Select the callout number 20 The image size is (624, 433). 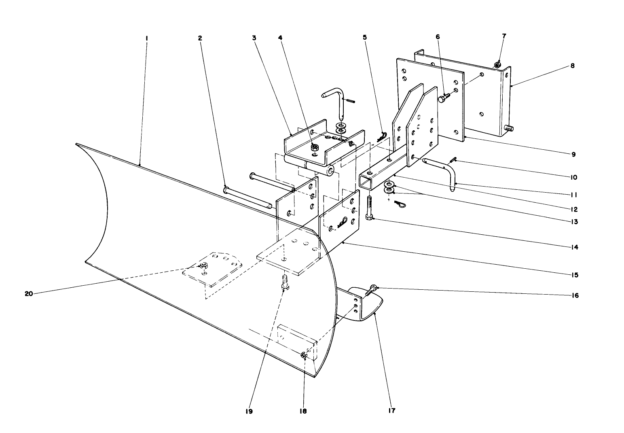29,294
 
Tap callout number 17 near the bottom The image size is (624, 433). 391,411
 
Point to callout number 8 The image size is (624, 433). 572,66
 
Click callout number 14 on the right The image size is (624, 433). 574,247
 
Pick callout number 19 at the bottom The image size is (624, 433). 248,411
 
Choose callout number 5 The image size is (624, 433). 365,38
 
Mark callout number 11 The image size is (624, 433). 574,195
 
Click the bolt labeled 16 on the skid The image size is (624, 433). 371,290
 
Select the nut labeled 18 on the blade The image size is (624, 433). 304,355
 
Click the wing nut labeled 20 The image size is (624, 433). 203,266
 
